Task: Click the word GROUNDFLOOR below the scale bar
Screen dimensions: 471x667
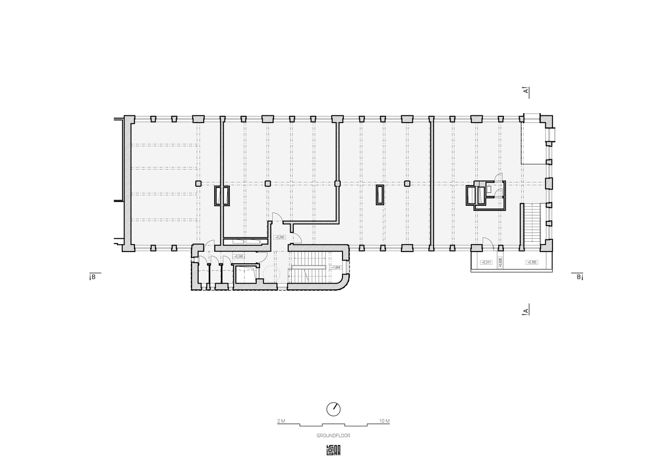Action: pos(333,436)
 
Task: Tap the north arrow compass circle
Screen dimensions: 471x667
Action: pos(333,408)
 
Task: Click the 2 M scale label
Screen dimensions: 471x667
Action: pos(281,421)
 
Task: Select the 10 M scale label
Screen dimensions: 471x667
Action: pos(384,421)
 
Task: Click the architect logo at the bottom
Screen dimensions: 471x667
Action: pos(333,450)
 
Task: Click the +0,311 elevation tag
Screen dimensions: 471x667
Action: pos(486,262)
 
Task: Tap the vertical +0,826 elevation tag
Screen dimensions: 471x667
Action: pos(500,262)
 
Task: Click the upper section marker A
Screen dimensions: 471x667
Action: pos(525,91)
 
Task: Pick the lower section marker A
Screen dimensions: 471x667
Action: pos(525,311)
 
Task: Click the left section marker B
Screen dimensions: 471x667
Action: pos(93,276)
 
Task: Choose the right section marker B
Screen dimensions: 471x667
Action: pos(578,276)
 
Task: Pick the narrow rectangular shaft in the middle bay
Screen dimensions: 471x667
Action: pos(380,195)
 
